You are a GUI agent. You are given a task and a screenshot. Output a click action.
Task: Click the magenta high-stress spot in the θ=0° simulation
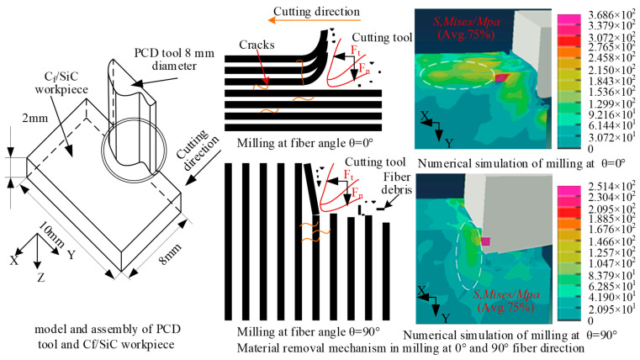(503, 77)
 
